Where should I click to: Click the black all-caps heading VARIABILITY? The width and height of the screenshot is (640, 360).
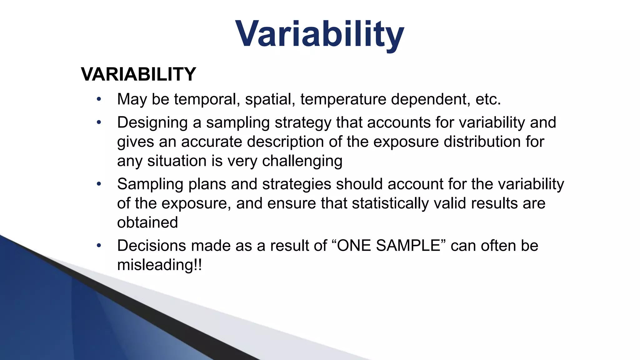coord(138,74)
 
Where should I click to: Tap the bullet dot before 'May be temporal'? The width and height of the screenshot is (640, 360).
coord(99,99)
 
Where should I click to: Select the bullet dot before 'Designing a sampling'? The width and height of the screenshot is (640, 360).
coord(99,122)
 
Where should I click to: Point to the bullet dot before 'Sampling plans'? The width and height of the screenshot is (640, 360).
coord(99,184)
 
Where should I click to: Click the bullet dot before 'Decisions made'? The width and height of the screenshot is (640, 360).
coord(99,246)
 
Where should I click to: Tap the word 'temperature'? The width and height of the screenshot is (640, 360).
coord(343,99)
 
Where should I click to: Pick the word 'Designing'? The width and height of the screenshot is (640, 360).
coord(152,122)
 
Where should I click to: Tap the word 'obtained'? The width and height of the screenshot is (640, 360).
coord(147,222)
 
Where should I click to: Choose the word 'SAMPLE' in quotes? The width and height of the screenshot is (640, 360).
coord(408,246)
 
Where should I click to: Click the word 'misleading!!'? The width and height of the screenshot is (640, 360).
coord(159,265)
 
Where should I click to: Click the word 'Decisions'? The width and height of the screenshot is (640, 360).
coord(151,246)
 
